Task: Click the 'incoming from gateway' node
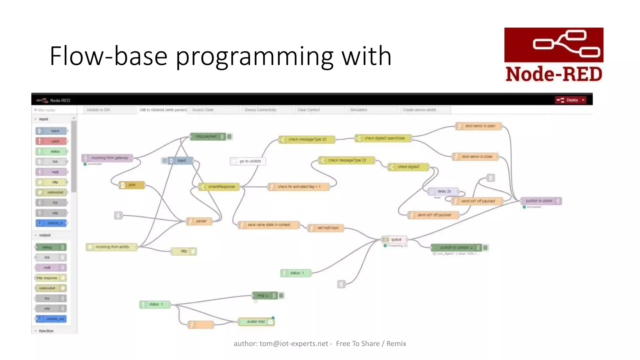click(x=108, y=158)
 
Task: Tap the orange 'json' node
click(x=132, y=185)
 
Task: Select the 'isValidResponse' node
click(x=219, y=187)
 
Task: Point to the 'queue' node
click(x=394, y=239)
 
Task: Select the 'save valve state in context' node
click(x=268, y=225)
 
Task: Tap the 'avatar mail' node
click(x=256, y=322)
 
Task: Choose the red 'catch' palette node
click(x=52, y=141)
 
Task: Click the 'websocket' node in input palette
click(x=52, y=192)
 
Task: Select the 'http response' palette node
click(x=51, y=278)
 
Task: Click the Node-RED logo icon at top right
click(x=553, y=45)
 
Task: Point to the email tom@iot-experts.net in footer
click(x=294, y=344)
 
